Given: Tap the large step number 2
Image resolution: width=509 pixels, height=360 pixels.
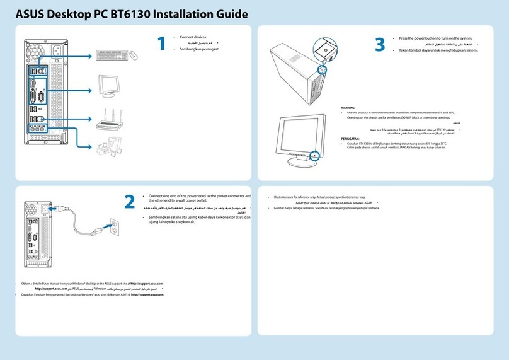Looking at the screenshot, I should [x=129, y=201].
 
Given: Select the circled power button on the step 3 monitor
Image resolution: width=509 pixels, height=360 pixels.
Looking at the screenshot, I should [x=314, y=154].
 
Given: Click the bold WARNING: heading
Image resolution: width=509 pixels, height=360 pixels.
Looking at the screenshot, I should [x=348, y=108].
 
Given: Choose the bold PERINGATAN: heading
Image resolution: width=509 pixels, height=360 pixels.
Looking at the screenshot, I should [x=351, y=138].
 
